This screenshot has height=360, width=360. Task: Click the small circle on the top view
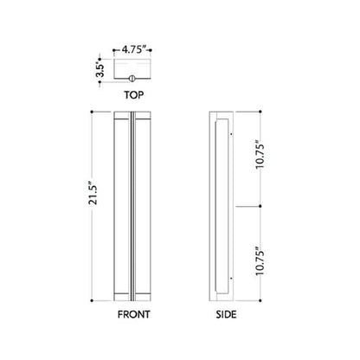coord(134,82)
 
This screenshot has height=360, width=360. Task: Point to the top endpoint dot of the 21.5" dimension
coord(93,113)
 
